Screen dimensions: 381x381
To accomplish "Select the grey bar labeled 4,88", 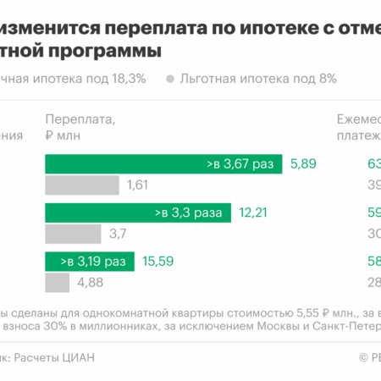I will [x=57, y=281].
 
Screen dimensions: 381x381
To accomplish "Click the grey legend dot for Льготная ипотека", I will [x=171, y=80].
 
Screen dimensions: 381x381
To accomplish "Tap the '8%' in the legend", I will [x=327, y=79].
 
